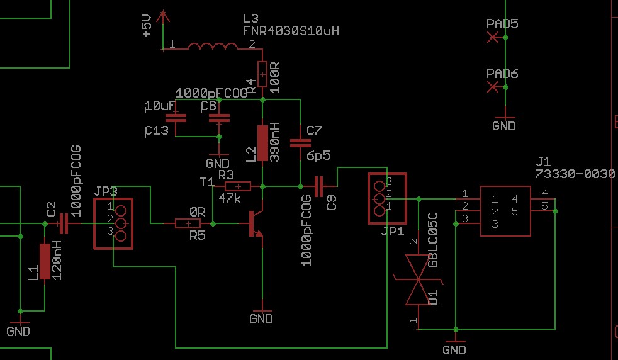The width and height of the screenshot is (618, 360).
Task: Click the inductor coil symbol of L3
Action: [213, 47]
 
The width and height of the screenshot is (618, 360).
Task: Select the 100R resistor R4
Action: [263, 75]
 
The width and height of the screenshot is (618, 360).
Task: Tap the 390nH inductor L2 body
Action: [263, 143]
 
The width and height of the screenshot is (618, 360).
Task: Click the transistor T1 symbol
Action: [254, 224]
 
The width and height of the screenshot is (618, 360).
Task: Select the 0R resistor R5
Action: [188, 223]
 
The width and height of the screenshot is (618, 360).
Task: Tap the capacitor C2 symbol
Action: [62, 223]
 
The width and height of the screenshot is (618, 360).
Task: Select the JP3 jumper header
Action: [115, 223]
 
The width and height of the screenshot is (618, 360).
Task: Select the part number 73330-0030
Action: [575, 174]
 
